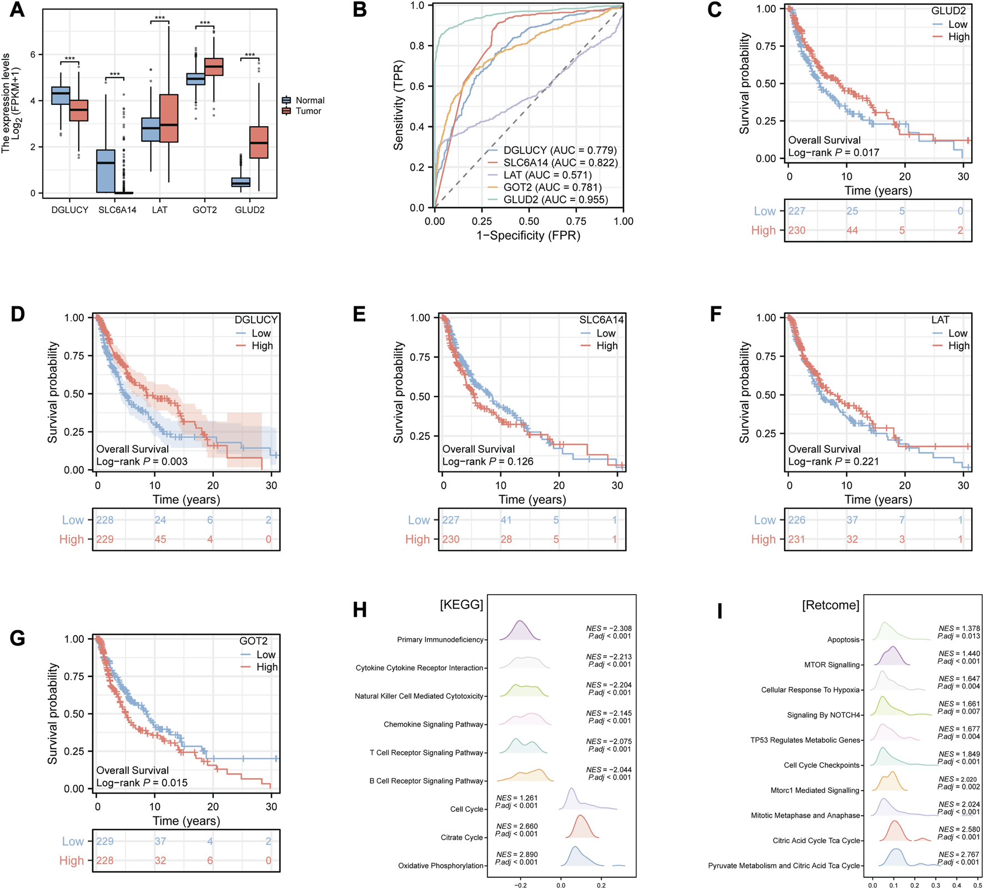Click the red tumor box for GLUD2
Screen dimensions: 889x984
click(x=259, y=142)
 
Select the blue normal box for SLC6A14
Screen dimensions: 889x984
click(x=106, y=171)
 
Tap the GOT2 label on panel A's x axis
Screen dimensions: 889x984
click(x=204, y=210)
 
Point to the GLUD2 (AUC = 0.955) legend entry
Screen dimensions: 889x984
click(x=555, y=199)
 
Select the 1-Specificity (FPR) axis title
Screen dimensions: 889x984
click(x=528, y=235)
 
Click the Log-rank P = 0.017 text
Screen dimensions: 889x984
click(x=834, y=153)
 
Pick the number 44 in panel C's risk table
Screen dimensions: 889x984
click(x=851, y=230)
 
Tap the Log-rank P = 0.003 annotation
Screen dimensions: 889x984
click(x=142, y=461)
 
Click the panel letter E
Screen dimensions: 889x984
click(x=359, y=315)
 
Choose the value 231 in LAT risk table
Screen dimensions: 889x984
click(x=796, y=539)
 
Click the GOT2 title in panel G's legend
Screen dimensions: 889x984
click(x=253, y=641)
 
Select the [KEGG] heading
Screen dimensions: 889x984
click(x=461, y=604)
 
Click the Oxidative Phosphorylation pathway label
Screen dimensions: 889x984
click(x=440, y=866)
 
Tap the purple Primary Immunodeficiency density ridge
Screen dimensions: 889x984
click(x=520, y=631)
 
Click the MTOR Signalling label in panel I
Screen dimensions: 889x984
click(x=831, y=665)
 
